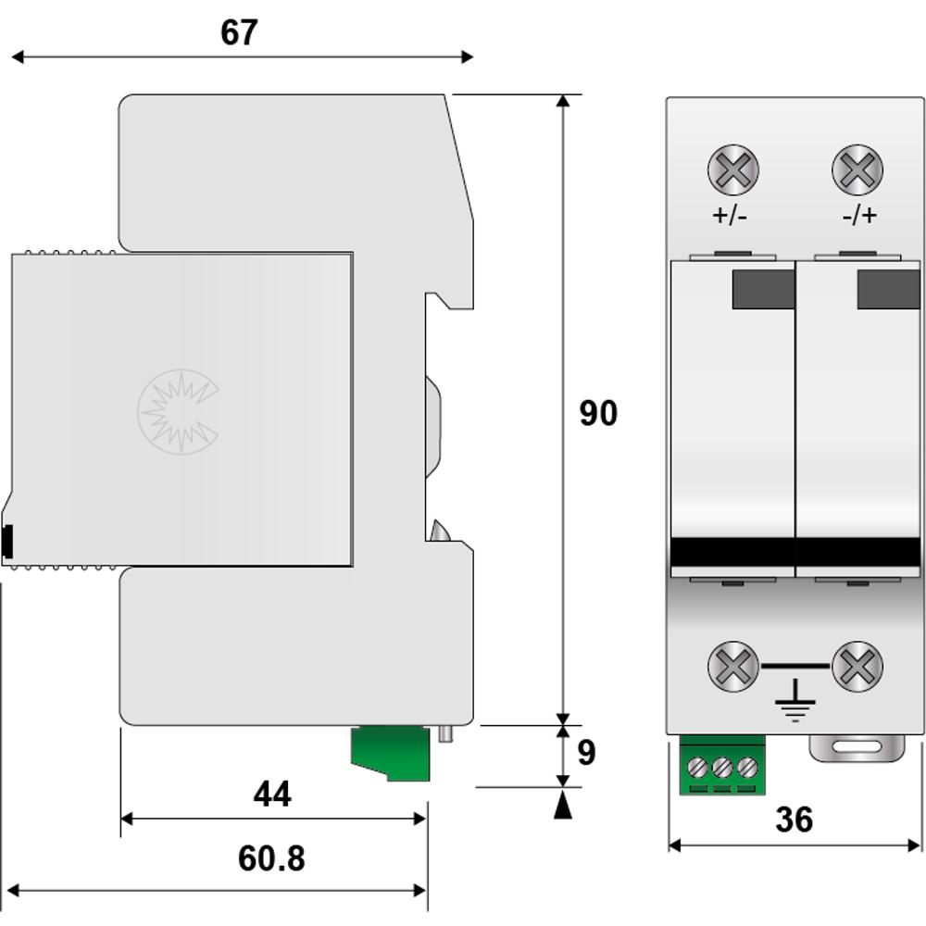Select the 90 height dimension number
tap(598, 413)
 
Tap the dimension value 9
tap(586, 752)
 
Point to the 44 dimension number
tap(272, 794)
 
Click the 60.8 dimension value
tap(271, 858)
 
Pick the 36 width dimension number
tap(795, 820)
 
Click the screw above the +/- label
tap(732, 169)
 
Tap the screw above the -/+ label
tap(857, 169)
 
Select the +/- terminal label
tap(730, 215)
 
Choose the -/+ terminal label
tap(860, 215)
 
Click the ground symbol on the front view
tap(795, 700)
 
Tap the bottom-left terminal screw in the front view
tap(732, 666)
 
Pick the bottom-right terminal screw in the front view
tap(857, 666)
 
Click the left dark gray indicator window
tap(764, 289)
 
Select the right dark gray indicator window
tap(889, 289)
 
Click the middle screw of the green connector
tap(722, 768)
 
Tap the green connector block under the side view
tap(391, 754)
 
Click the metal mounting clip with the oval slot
tap(857, 748)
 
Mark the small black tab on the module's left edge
tap(7, 541)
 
